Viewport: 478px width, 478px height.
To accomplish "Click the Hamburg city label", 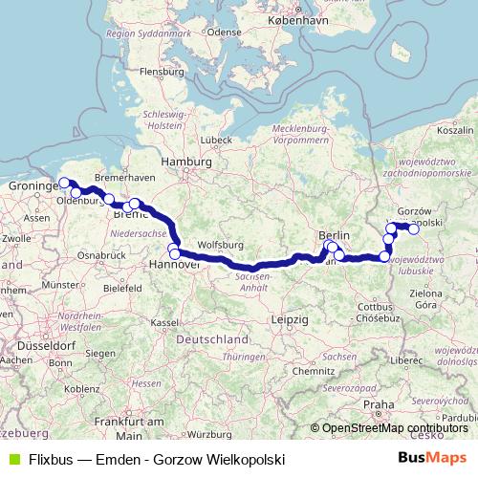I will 186,163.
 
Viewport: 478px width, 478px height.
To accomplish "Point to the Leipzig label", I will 290,317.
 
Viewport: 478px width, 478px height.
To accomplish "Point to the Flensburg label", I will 162,71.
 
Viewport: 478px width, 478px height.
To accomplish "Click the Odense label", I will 226,31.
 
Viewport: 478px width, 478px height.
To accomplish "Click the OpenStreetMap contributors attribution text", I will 395,428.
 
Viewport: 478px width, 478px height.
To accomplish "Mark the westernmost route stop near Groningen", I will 65,184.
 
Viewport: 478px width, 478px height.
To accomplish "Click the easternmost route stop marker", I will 413,228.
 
